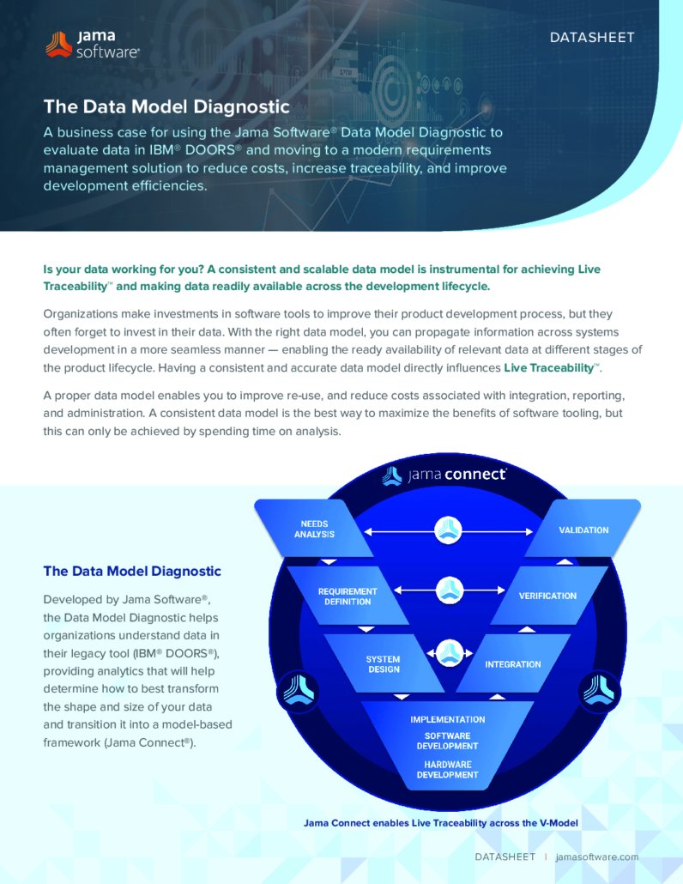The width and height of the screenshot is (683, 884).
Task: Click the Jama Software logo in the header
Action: click(93, 45)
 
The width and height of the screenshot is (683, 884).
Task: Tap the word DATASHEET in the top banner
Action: click(592, 38)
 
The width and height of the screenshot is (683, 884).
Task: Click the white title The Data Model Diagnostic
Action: click(166, 106)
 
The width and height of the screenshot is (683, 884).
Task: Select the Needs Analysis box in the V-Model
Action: click(314, 529)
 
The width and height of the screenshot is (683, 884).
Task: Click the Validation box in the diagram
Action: click(583, 530)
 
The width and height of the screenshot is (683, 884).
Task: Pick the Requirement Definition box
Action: click(348, 596)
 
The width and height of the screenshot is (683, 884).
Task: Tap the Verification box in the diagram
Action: click(547, 596)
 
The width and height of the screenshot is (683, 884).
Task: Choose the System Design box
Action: click(384, 663)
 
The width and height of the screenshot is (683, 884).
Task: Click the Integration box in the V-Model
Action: click(513, 664)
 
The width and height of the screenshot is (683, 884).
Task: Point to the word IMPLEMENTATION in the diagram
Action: click(447, 719)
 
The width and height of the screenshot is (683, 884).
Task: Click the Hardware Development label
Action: click(447, 770)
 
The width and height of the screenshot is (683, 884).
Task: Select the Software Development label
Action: click(447, 741)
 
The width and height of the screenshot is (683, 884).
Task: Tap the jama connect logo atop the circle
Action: click(444, 475)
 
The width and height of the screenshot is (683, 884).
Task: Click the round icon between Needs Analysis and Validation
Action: click(449, 530)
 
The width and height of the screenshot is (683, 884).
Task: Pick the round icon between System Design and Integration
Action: click(450, 653)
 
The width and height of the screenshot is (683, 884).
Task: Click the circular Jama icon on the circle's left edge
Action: click(298, 691)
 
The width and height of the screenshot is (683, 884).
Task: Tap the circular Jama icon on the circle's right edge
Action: click(599, 691)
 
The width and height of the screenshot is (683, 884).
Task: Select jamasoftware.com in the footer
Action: click(597, 857)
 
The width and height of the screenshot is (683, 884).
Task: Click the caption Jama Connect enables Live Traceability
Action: click(441, 823)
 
